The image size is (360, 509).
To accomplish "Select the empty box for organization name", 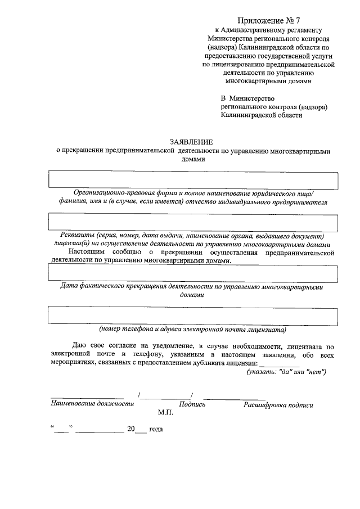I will [193, 180].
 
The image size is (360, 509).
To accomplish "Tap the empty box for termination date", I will [193, 273].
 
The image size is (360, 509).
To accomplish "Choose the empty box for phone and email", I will [193, 316].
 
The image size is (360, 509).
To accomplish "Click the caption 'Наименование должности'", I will [92, 404].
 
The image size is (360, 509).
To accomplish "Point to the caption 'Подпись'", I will [192, 404].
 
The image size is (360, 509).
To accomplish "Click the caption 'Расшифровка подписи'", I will [278, 404].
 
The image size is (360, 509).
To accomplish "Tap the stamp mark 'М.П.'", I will [165, 413].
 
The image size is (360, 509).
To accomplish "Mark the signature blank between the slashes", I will [165, 396].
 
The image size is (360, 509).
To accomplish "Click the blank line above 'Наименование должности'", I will [87, 397].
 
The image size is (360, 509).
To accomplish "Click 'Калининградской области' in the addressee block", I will [261, 115].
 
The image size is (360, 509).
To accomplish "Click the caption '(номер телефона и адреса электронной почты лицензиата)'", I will [193, 329].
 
